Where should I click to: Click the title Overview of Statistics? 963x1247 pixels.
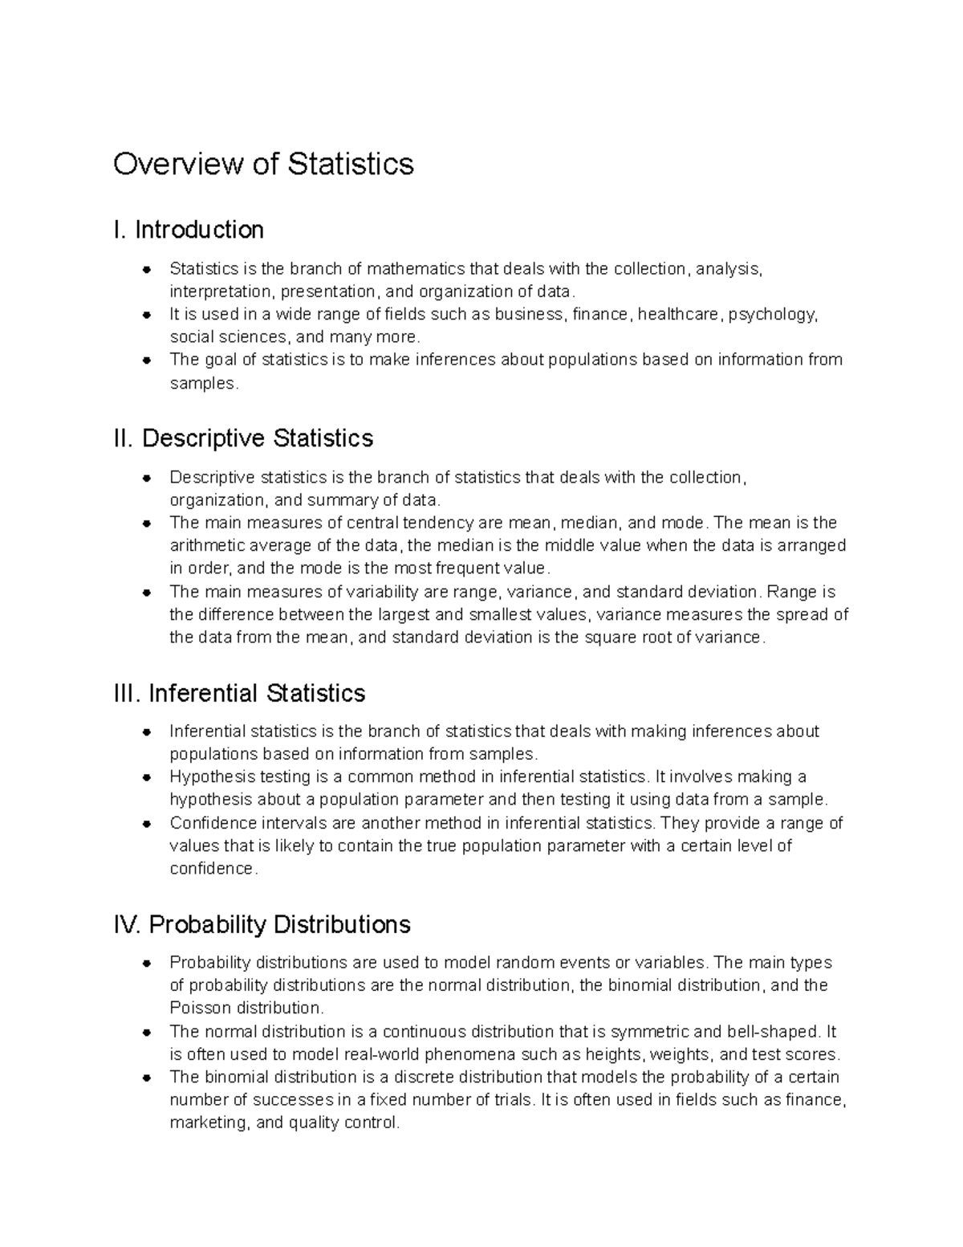click(x=263, y=164)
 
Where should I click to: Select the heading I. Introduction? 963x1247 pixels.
click(x=189, y=230)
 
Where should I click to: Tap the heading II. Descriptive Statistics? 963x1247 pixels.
click(x=244, y=438)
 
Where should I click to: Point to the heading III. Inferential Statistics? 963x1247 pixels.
click(x=240, y=693)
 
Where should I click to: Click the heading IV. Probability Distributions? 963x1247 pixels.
click(x=262, y=924)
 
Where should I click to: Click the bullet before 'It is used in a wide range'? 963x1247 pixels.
click(x=147, y=315)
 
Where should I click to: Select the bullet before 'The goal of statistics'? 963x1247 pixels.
click(x=147, y=360)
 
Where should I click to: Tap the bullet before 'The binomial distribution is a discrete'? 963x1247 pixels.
click(x=147, y=1078)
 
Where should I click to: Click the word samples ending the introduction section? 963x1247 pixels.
click(x=202, y=384)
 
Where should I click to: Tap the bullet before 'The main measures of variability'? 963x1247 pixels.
click(x=147, y=593)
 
